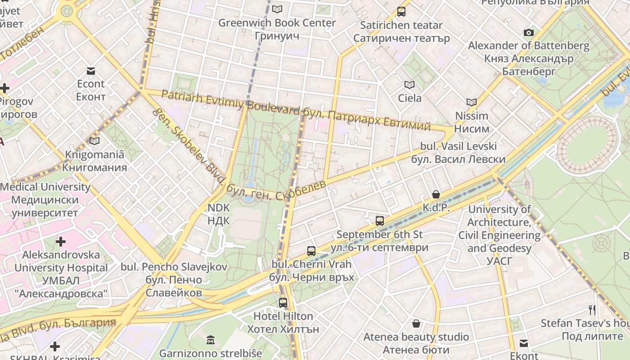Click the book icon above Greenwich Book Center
tap(277, 9)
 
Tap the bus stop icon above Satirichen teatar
tap(401, 12)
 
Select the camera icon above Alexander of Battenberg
tap(529, 32)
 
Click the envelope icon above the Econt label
tap(91, 71)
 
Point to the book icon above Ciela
tap(409, 85)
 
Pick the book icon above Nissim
tap(471, 102)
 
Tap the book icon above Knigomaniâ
tap(94, 141)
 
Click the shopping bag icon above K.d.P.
tap(436, 194)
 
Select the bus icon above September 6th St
tap(380, 220)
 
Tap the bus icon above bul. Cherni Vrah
tap(311, 251)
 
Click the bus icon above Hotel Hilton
tap(283, 303)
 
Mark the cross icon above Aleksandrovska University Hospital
tap(61, 242)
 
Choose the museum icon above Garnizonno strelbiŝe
tap(210, 340)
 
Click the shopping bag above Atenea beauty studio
tap(416, 324)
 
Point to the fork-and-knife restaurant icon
tap(592, 310)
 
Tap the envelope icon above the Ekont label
tap(524, 343)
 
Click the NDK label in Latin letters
tap(219, 208)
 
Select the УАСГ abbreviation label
tap(499, 261)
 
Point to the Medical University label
tap(45, 187)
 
